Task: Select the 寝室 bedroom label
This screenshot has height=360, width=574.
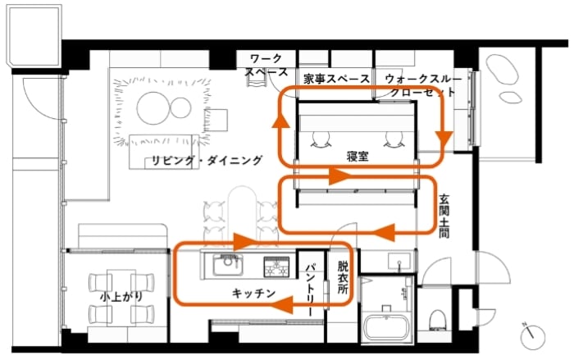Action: [x=355, y=153]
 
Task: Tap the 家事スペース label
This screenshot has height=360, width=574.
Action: [x=336, y=80]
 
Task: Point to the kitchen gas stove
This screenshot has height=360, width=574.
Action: [x=276, y=266]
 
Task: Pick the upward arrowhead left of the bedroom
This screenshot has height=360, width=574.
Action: [x=280, y=121]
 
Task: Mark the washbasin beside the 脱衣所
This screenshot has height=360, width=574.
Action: [x=399, y=264]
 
